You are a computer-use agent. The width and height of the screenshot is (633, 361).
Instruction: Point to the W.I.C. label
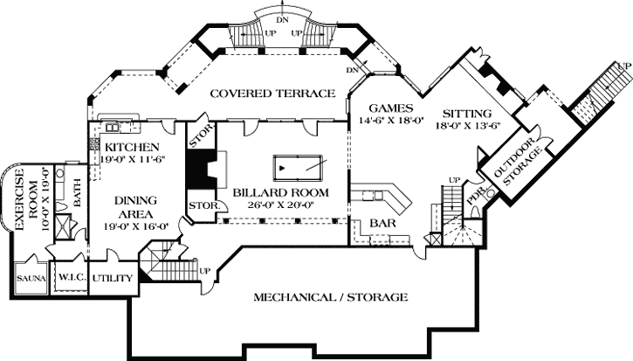70,278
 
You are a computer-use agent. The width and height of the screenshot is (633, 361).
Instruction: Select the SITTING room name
466,115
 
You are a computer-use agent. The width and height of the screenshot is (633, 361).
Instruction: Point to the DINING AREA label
134,207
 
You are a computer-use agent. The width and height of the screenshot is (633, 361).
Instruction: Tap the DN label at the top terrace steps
281,18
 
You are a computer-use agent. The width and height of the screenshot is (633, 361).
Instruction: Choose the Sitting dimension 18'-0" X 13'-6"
466,127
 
